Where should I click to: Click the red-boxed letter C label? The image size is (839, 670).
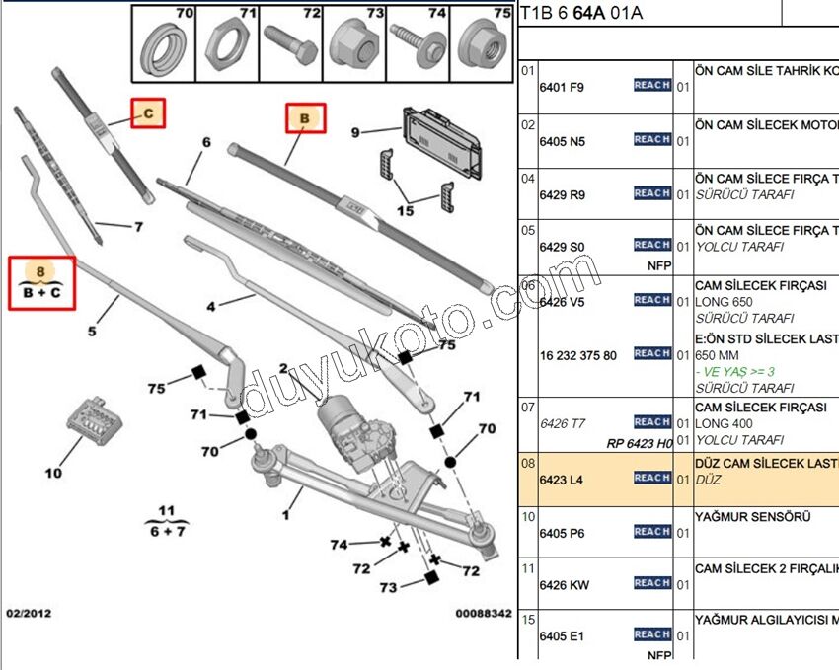(148, 113)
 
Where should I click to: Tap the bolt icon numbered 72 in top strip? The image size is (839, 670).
(292, 48)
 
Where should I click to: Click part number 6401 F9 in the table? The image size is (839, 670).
(562, 87)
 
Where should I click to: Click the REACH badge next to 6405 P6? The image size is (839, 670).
(652, 532)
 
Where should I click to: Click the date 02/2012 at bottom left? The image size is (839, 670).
(29, 614)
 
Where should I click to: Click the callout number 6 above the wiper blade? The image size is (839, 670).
(206, 142)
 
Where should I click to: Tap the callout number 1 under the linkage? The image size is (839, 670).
(286, 513)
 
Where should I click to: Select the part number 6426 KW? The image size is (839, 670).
(564, 585)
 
